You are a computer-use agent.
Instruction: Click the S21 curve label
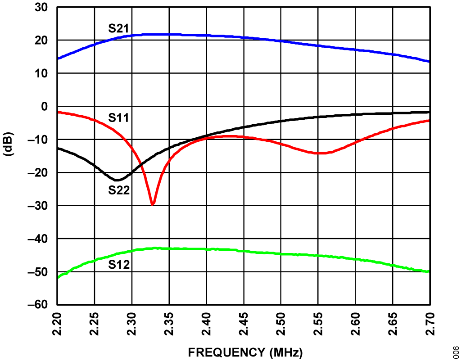click(119, 29)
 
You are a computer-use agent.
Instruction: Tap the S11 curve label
click(119, 118)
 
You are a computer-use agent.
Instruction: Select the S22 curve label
click(119, 190)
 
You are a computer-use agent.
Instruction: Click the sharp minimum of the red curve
click(153, 204)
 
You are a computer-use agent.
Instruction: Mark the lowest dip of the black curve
click(117, 180)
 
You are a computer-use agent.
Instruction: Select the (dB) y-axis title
click(9, 144)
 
